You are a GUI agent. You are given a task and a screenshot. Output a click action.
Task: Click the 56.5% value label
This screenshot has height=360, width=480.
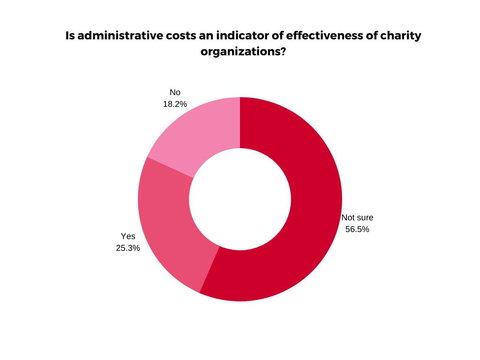pos(357,229)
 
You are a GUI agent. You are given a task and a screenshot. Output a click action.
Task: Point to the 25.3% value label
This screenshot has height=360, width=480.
pos(128,248)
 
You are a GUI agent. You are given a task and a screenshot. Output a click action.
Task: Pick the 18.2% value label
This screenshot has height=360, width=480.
pos(175,104)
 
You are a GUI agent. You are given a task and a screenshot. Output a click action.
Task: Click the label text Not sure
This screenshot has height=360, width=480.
pos(357,217)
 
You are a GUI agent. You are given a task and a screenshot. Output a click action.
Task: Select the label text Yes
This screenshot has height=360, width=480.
pos(128,236)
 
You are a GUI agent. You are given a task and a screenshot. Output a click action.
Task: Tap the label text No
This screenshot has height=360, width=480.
pos(175,92)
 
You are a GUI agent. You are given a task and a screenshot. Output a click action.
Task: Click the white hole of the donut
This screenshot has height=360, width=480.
pos(240,199)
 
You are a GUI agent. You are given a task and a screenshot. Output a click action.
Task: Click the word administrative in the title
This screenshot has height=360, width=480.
pos(115,36)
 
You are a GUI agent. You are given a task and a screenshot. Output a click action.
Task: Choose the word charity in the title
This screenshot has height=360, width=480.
pos(401,36)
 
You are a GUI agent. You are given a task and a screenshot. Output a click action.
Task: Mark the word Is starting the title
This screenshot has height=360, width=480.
pos(70,36)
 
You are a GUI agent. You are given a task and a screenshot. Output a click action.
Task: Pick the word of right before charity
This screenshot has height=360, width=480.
pos(371,36)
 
